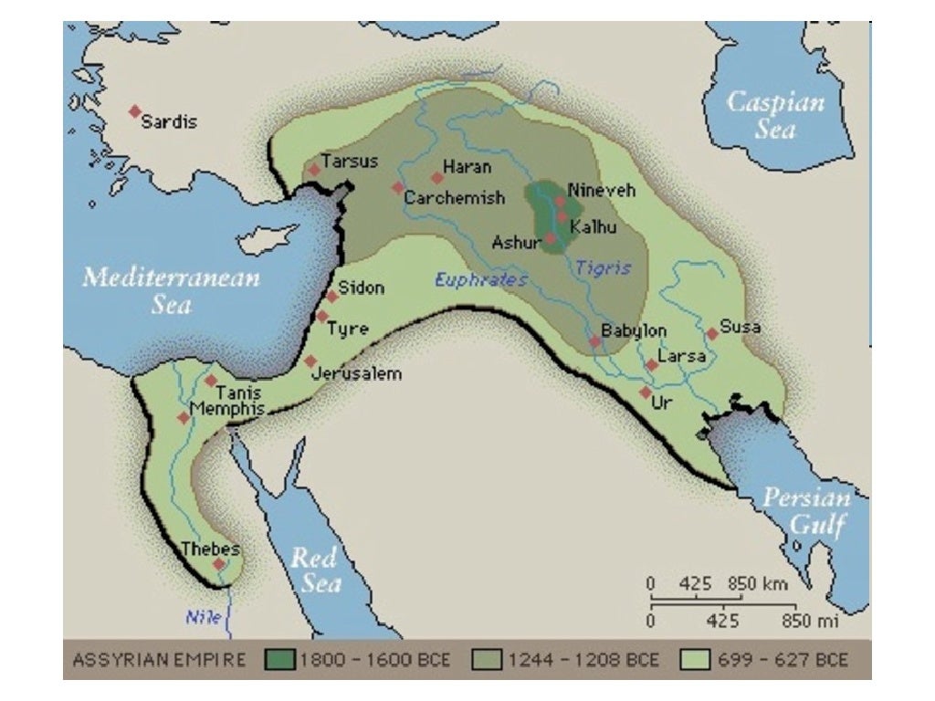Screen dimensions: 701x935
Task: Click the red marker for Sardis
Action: tap(135, 110)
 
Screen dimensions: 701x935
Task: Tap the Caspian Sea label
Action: tap(774, 114)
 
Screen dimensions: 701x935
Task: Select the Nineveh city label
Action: tap(601, 190)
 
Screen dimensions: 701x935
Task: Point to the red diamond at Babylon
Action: tap(594, 341)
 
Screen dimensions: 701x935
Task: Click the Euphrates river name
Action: tap(480, 280)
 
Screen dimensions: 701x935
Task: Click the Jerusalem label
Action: tap(356, 373)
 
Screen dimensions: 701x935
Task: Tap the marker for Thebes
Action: tap(218, 564)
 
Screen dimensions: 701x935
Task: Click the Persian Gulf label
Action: tap(806, 512)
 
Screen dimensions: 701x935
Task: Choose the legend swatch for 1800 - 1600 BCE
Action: tap(278, 660)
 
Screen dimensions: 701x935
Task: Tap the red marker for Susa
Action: tap(712, 334)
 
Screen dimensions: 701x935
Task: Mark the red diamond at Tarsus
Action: tap(314, 169)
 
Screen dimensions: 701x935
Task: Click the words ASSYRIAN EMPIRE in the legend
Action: tap(159, 660)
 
